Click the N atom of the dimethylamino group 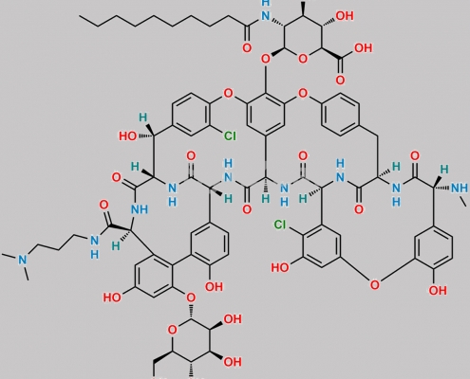(23, 260)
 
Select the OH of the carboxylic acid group (363, 48)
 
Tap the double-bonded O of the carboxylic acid (340, 80)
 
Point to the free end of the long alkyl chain (80, 16)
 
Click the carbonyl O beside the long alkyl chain (247, 48)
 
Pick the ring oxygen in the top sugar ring (303, 59)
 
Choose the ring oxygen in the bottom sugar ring (172, 330)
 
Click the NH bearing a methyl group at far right (460, 188)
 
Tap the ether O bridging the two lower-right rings (375, 285)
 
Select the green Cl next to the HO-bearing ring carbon (280, 225)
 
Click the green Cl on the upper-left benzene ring (230, 136)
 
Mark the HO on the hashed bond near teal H (128, 136)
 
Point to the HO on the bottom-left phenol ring (112, 298)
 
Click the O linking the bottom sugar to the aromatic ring (191, 298)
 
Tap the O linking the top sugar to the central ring (266, 59)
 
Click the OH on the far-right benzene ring (438, 290)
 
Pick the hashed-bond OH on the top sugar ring (345, 16)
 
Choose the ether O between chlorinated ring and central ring (228, 93)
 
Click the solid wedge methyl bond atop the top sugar (304, 9)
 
